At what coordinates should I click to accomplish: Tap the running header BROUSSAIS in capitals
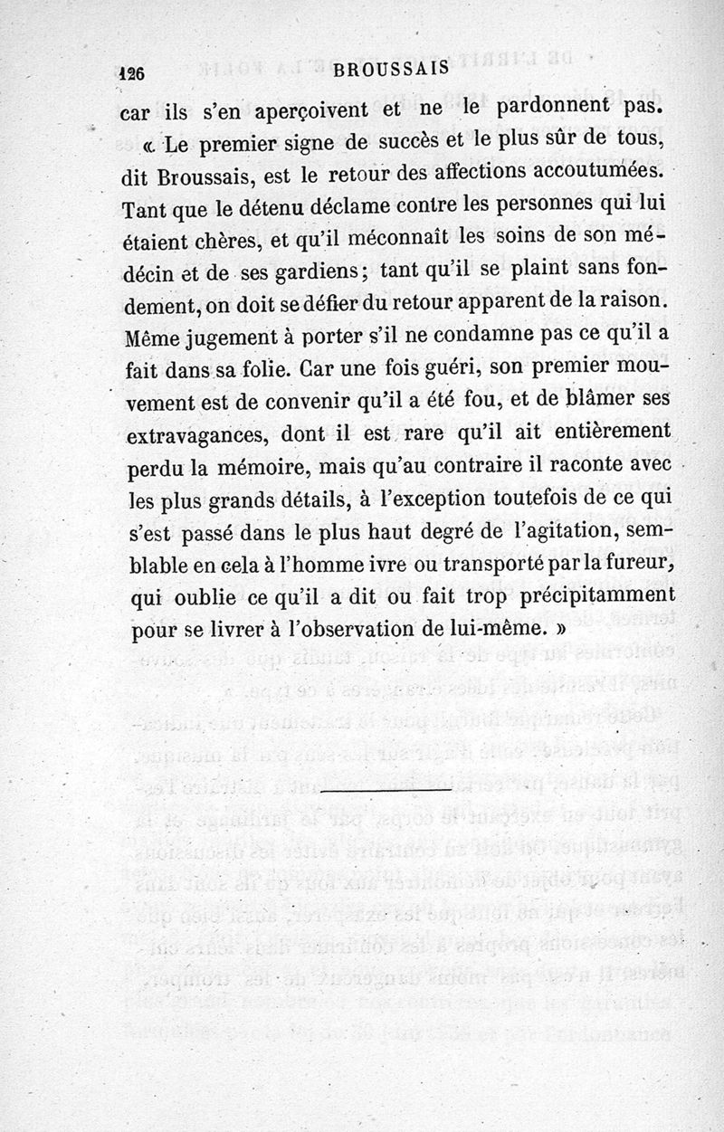[391, 72]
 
